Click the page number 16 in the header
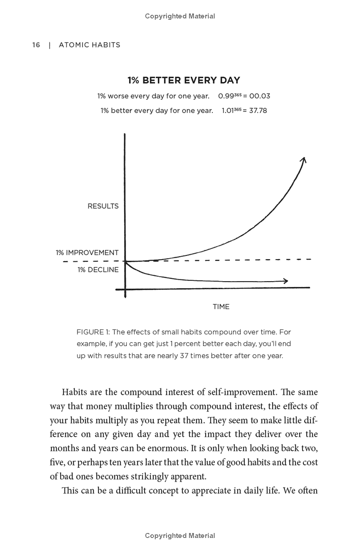pyautogui.click(x=36, y=45)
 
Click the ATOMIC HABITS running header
pyautogui.click(x=90, y=45)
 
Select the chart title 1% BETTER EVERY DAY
pyautogui.click(x=184, y=81)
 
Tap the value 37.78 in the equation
pyautogui.click(x=258, y=111)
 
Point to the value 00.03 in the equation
pyautogui.click(x=260, y=96)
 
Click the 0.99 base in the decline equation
pyautogui.click(x=226, y=96)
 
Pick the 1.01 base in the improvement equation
pyautogui.click(x=229, y=111)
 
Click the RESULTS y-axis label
pyautogui.click(x=103, y=206)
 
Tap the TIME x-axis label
pyautogui.click(x=221, y=307)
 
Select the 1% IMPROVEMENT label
pyautogui.click(x=87, y=253)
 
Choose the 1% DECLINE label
pyautogui.click(x=98, y=270)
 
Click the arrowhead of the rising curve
pyautogui.click(x=304, y=159)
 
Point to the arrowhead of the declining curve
pyautogui.click(x=286, y=281)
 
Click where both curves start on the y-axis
pyautogui.click(x=125, y=261)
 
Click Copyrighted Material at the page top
pyautogui.click(x=180, y=16)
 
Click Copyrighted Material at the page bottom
pyautogui.click(x=180, y=536)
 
